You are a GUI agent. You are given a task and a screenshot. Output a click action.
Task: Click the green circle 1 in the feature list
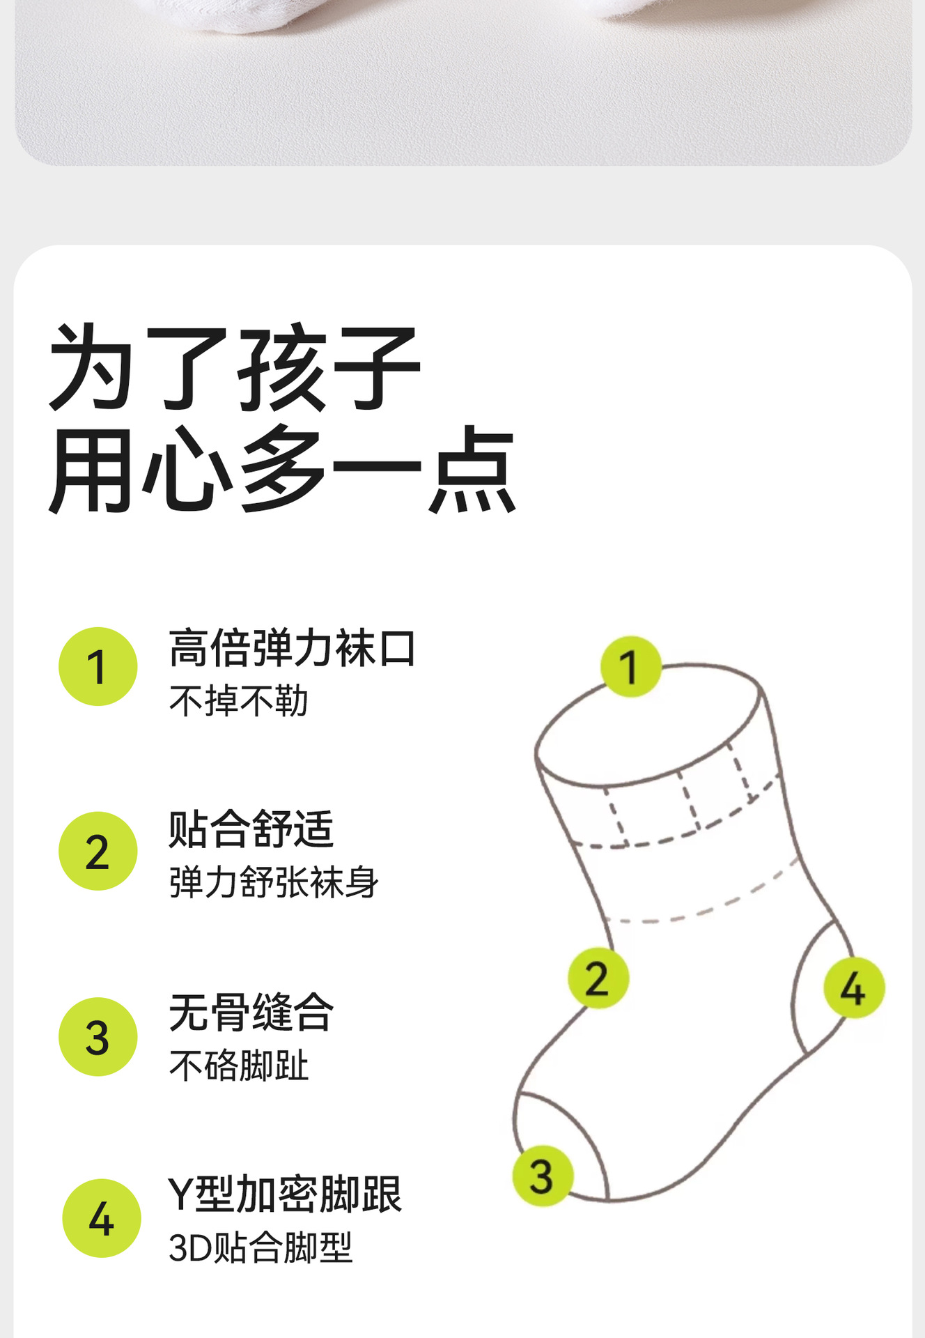[x=98, y=667]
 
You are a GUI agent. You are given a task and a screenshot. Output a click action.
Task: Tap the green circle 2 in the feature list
[x=98, y=851]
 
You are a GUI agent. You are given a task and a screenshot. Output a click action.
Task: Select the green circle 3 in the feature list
[x=98, y=1037]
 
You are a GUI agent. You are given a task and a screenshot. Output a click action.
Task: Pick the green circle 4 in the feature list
[x=102, y=1218]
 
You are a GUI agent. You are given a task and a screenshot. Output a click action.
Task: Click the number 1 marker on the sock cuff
[x=631, y=666]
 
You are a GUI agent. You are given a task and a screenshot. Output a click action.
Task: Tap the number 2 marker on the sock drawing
[x=598, y=978]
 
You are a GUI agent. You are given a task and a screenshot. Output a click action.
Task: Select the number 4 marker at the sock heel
[x=854, y=987]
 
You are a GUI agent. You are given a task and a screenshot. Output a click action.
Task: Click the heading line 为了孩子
[x=235, y=367]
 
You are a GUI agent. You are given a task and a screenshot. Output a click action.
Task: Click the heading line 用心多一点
[x=282, y=470]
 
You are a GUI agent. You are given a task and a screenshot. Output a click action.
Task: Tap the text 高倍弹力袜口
[x=293, y=648]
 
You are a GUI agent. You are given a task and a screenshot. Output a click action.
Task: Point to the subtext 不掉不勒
[x=238, y=701]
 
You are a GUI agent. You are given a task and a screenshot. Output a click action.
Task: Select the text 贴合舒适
[x=251, y=829]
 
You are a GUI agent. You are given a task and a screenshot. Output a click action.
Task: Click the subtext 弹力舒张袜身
[x=274, y=882]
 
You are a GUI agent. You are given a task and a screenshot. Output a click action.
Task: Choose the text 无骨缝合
[x=251, y=1012]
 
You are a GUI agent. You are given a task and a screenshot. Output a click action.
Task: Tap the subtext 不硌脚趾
[x=238, y=1066]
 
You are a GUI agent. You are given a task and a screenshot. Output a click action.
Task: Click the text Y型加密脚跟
[x=285, y=1194]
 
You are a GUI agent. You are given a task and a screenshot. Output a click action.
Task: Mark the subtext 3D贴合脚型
[x=261, y=1247]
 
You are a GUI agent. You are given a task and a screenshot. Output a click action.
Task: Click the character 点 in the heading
[x=472, y=470]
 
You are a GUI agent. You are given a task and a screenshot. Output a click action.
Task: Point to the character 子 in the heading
[x=377, y=367]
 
